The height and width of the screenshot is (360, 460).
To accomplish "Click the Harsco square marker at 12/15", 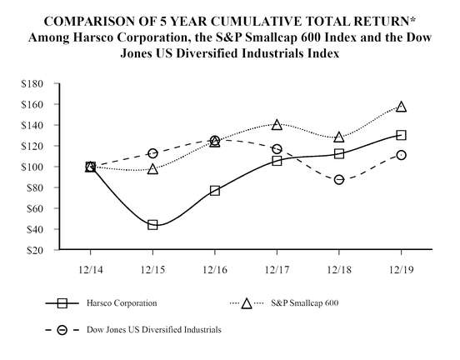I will pyautogui.click(x=152, y=225).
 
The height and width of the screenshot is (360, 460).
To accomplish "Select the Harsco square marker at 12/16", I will pyautogui.click(x=215, y=191).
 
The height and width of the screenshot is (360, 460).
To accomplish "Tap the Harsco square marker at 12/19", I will pyautogui.click(x=402, y=135).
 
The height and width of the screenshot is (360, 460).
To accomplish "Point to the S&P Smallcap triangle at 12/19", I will pyautogui.click(x=402, y=107).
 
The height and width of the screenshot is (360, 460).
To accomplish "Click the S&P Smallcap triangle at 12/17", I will pyautogui.click(x=277, y=125).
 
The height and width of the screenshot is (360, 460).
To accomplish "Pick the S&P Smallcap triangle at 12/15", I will pyautogui.click(x=152, y=169).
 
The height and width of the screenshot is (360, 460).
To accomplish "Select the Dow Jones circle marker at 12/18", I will pyautogui.click(x=339, y=179).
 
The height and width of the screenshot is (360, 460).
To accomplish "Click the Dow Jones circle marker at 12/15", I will pyautogui.click(x=152, y=153).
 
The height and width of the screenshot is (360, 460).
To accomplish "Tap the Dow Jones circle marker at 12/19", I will pyautogui.click(x=402, y=155).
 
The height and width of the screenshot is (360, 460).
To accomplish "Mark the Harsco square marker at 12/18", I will pyautogui.click(x=339, y=153).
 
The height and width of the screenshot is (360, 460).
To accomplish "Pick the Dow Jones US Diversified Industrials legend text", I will pyautogui.click(x=158, y=331).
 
